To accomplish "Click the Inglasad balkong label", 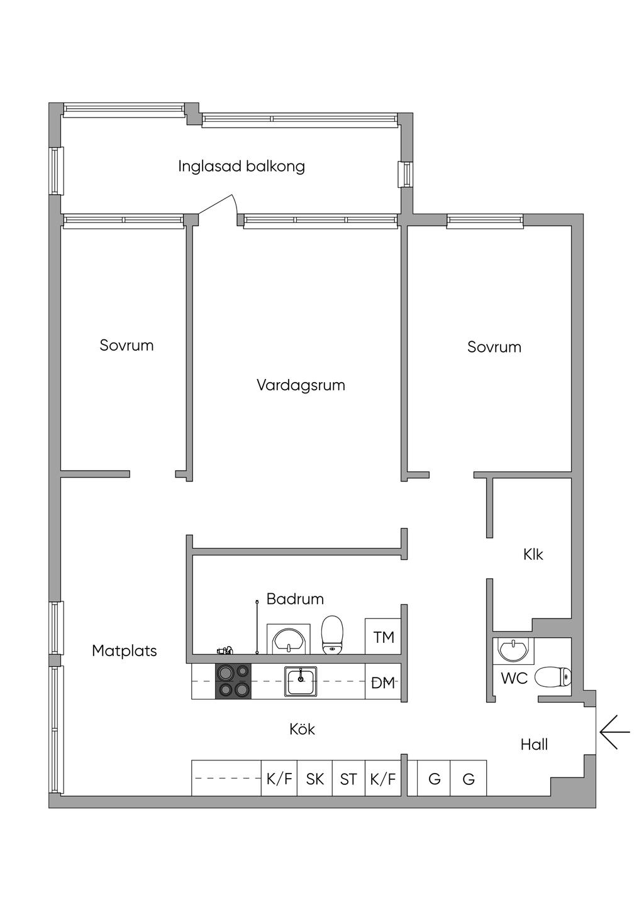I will pos(241,167).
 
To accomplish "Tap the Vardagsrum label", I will pos(301,385).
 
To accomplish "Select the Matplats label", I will pos(125,650).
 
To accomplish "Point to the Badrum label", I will pos(295,599).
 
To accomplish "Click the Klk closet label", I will pos(533,554).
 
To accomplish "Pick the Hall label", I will pos(534,745).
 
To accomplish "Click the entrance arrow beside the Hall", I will pos(614,732).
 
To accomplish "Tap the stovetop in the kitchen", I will pos(233,681).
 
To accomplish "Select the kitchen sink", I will pos(301,681).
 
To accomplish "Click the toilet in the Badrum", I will pos(333,634).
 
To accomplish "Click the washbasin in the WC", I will pos(514,650).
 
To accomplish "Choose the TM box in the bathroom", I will pos(383,637).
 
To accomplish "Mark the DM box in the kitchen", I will pos(383,682).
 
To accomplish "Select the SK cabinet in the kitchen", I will pos(314,779).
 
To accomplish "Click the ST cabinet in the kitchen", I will pos(348,779).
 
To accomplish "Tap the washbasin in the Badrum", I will pos(289,639).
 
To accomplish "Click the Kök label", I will pos(302,729).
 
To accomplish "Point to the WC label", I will pos(514,679).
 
